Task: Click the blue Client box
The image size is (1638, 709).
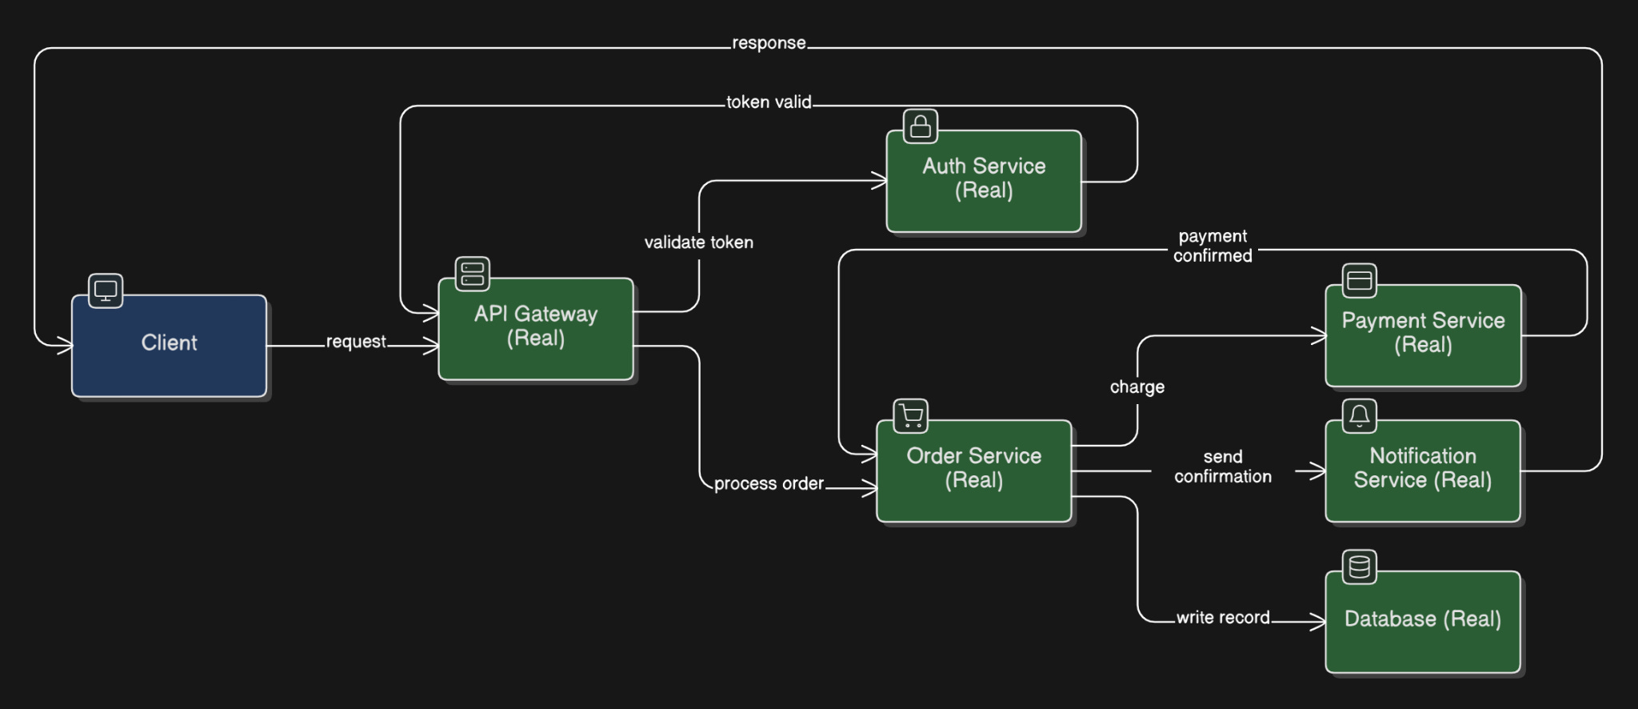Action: (169, 346)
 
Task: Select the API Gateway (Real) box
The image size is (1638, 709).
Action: (536, 329)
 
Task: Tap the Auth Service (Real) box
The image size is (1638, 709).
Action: (984, 182)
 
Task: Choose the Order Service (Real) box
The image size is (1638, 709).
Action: (974, 471)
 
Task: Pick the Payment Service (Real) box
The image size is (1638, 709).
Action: (1424, 336)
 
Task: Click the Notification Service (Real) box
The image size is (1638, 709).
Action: (1423, 471)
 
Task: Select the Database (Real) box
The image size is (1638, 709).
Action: (1423, 622)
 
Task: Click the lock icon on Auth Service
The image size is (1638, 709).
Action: (921, 126)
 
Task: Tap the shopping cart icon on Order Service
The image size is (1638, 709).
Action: (911, 416)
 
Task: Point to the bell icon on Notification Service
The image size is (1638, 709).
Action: (1360, 416)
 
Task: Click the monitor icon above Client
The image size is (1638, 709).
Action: (106, 290)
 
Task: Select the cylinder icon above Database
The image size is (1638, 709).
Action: (1360, 567)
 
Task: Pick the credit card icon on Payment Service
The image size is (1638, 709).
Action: (1360, 281)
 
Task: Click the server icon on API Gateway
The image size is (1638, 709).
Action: (473, 274)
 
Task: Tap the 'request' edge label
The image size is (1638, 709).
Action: (356, 342)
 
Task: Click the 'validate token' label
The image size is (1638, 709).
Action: (699, 242)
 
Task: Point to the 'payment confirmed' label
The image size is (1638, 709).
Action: (1213, 246)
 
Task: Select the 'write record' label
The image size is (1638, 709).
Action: (1223, 618)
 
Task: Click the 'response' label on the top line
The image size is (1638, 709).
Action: (769, 43)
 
